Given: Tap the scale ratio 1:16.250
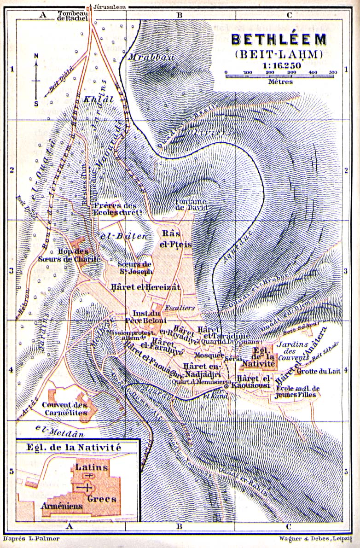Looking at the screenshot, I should point(282,65).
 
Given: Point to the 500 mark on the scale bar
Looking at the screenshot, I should point(333,72).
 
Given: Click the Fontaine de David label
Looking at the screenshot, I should point(192,204).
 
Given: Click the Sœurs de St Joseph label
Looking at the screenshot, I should point(135,268).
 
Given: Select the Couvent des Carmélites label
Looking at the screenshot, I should point(64,409).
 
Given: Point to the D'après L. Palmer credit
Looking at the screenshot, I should point(31,538).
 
